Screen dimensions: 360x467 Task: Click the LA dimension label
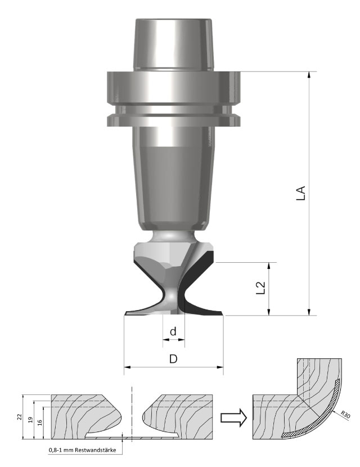click(x=301, y=193)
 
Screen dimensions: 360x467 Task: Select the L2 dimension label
click(x=260, y=288)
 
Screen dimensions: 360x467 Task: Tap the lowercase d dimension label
click(x=173, y=331)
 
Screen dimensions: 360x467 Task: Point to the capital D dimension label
click(x=173, y=359)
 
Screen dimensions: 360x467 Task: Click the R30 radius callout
click(x=345, y=415)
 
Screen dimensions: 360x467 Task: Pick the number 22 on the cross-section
click(x=20, y=417)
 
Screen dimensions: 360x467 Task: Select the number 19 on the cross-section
click(x=30, y=420)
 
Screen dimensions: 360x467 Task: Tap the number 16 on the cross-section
click(x=39, y=423)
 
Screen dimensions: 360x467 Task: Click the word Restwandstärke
click(x=95, y=450)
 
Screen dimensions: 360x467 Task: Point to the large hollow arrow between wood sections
click(x=233, y=417)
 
